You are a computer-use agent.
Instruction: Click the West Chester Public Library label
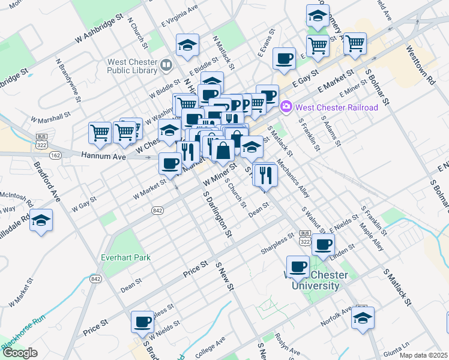[x=133, y=65]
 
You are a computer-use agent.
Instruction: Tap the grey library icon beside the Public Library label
[x=166, y=64]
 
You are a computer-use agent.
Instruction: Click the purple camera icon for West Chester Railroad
[x=286, y=107]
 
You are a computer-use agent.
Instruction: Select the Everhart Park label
[x=126, y=257]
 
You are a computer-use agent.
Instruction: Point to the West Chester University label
[x=312, y=280]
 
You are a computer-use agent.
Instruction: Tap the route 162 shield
[x=56, y=155]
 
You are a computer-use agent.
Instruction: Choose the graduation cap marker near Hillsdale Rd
[x=41, y=221]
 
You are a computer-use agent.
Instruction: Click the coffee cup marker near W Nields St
[x=142, y=322]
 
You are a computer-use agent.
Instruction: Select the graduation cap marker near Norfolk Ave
[x=363, y=319]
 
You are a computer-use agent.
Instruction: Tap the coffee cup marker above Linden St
[x=324, y=244]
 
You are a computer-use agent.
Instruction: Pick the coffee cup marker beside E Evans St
[x=284, y=59]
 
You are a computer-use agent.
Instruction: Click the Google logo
[x=20, y=353]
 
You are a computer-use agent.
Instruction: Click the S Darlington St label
[x=217, y=213]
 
